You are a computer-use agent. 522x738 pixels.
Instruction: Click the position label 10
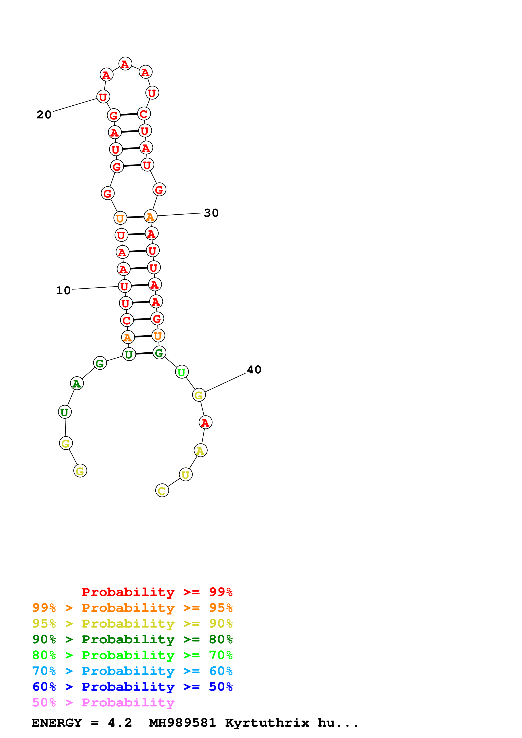pos(63,291)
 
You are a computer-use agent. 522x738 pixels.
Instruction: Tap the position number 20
pos(44,115)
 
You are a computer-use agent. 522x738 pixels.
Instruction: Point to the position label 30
pos(211,213)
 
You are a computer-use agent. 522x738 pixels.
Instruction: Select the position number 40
pos(254,370)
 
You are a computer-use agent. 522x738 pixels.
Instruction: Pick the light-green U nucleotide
pos(182,372)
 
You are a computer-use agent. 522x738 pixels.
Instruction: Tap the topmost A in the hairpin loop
pos(125,64)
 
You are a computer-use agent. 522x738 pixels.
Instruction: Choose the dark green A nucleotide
pos(77,383)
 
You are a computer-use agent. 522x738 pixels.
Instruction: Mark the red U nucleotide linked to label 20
pos(103,96)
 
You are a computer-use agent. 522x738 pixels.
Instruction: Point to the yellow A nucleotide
pos(200,450)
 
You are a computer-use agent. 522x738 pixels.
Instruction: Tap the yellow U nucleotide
pos(186,474)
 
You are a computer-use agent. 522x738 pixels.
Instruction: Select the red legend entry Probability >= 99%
pos(157,592)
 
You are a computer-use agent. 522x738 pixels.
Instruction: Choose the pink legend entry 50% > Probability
pos(103,702)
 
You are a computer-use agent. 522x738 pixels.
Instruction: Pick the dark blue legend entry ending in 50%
pos(132,687)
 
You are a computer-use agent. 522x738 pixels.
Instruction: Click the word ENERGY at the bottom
pos(57,723)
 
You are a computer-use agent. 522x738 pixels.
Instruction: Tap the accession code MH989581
pos(182,723)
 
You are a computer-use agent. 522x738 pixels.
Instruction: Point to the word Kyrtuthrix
pos(267,723)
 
